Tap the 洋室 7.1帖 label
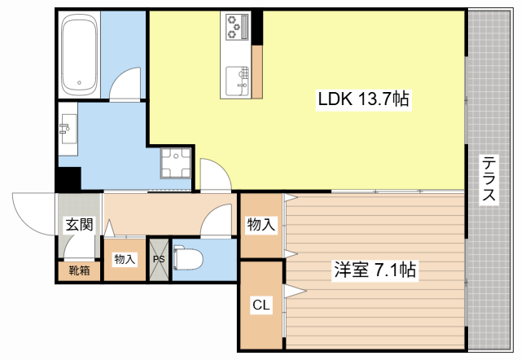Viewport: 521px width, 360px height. pos(374,270)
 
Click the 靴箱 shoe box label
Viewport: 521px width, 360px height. pos(79,270)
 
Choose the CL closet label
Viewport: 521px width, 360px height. pos(260,305)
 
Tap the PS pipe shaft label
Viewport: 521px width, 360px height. pos(159,260)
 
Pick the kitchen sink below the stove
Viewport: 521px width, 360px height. pos(237,78)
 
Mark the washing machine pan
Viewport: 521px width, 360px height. pos(176,162)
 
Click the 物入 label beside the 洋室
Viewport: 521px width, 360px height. pos(260,225)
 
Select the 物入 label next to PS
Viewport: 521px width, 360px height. pos(125,259)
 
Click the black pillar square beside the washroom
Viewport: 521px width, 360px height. pos(68,178)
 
